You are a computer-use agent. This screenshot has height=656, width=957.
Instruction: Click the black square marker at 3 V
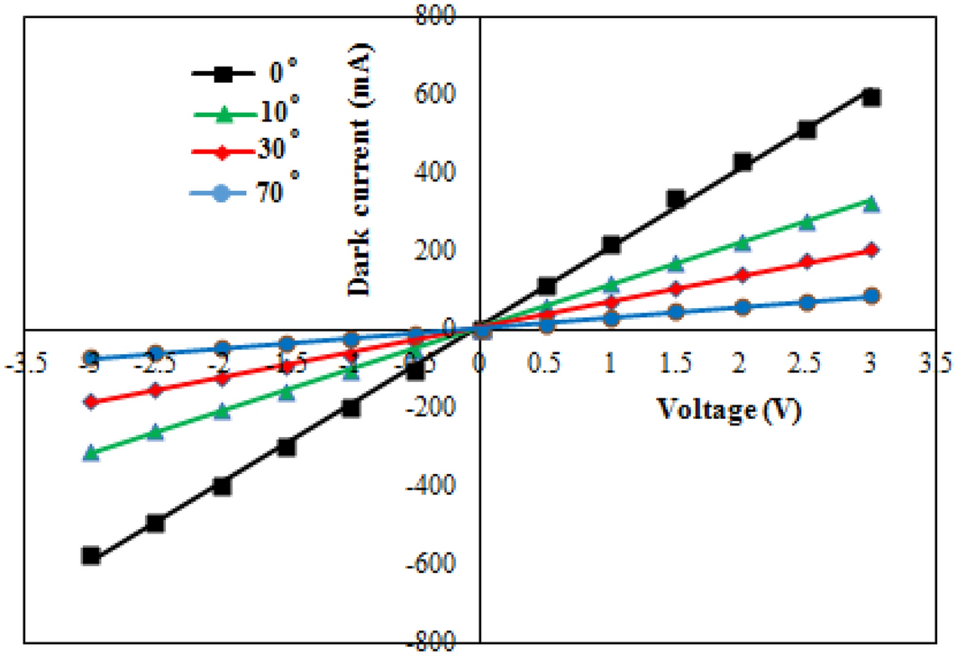[870, 96]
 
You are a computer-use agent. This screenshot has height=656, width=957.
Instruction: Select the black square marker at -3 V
[90, 555]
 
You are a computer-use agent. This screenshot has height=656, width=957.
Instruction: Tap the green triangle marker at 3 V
[870, 204]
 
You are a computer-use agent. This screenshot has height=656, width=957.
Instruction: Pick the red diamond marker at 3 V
[870, 250]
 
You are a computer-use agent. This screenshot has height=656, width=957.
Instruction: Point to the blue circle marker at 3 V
[870, 296]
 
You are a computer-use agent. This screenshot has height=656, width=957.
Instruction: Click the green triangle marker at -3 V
[90, 452]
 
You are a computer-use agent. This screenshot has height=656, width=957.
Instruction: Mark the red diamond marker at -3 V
[90, 401]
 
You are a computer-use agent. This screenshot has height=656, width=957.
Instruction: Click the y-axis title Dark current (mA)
[362, 171]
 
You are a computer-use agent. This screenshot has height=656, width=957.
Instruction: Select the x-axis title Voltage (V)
[728, 409]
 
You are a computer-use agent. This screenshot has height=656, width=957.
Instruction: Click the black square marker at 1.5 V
[675, 199]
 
